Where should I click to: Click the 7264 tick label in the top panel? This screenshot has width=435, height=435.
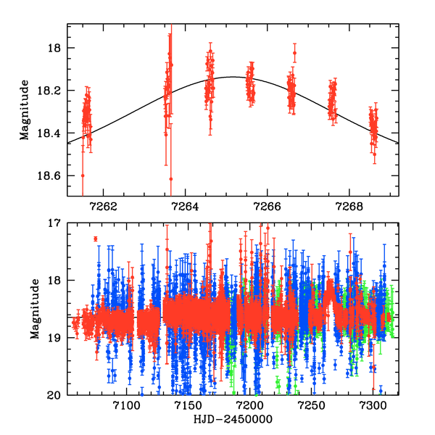pos(185,205)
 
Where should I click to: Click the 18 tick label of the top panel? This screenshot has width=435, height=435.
pos(58,48)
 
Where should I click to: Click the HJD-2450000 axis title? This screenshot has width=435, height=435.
pos(232,420)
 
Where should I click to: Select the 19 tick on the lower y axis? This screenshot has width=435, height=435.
pos(58,338)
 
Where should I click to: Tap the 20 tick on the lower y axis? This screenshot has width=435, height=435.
pos(58,395)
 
